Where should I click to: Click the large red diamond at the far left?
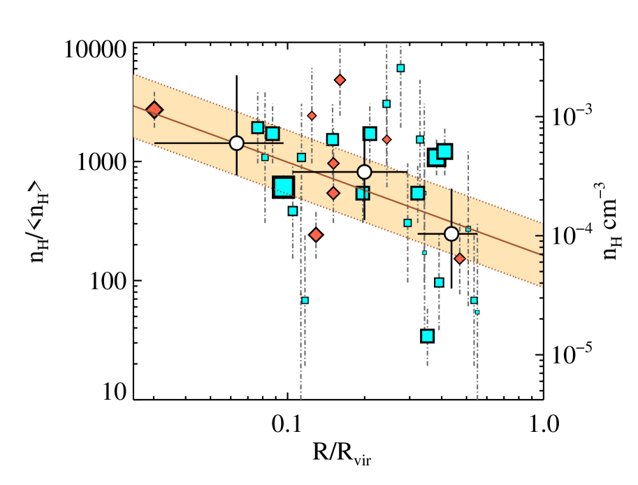154,110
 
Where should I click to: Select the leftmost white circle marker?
237,143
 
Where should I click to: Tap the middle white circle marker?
365,172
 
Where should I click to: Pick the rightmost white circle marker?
451,234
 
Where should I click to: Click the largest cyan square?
283,187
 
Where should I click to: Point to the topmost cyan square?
400,68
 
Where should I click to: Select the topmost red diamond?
340,80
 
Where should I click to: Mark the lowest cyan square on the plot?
427,336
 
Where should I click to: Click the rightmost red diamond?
459,259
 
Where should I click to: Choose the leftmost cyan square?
257,128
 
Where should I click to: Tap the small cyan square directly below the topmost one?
386,104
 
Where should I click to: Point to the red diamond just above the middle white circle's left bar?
333,164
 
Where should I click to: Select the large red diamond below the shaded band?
316,235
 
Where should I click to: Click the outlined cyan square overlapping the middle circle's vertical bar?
362,194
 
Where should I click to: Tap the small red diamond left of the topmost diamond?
312,116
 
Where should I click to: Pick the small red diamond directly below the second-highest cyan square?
386,140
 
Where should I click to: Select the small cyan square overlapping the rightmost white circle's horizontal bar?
468,229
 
